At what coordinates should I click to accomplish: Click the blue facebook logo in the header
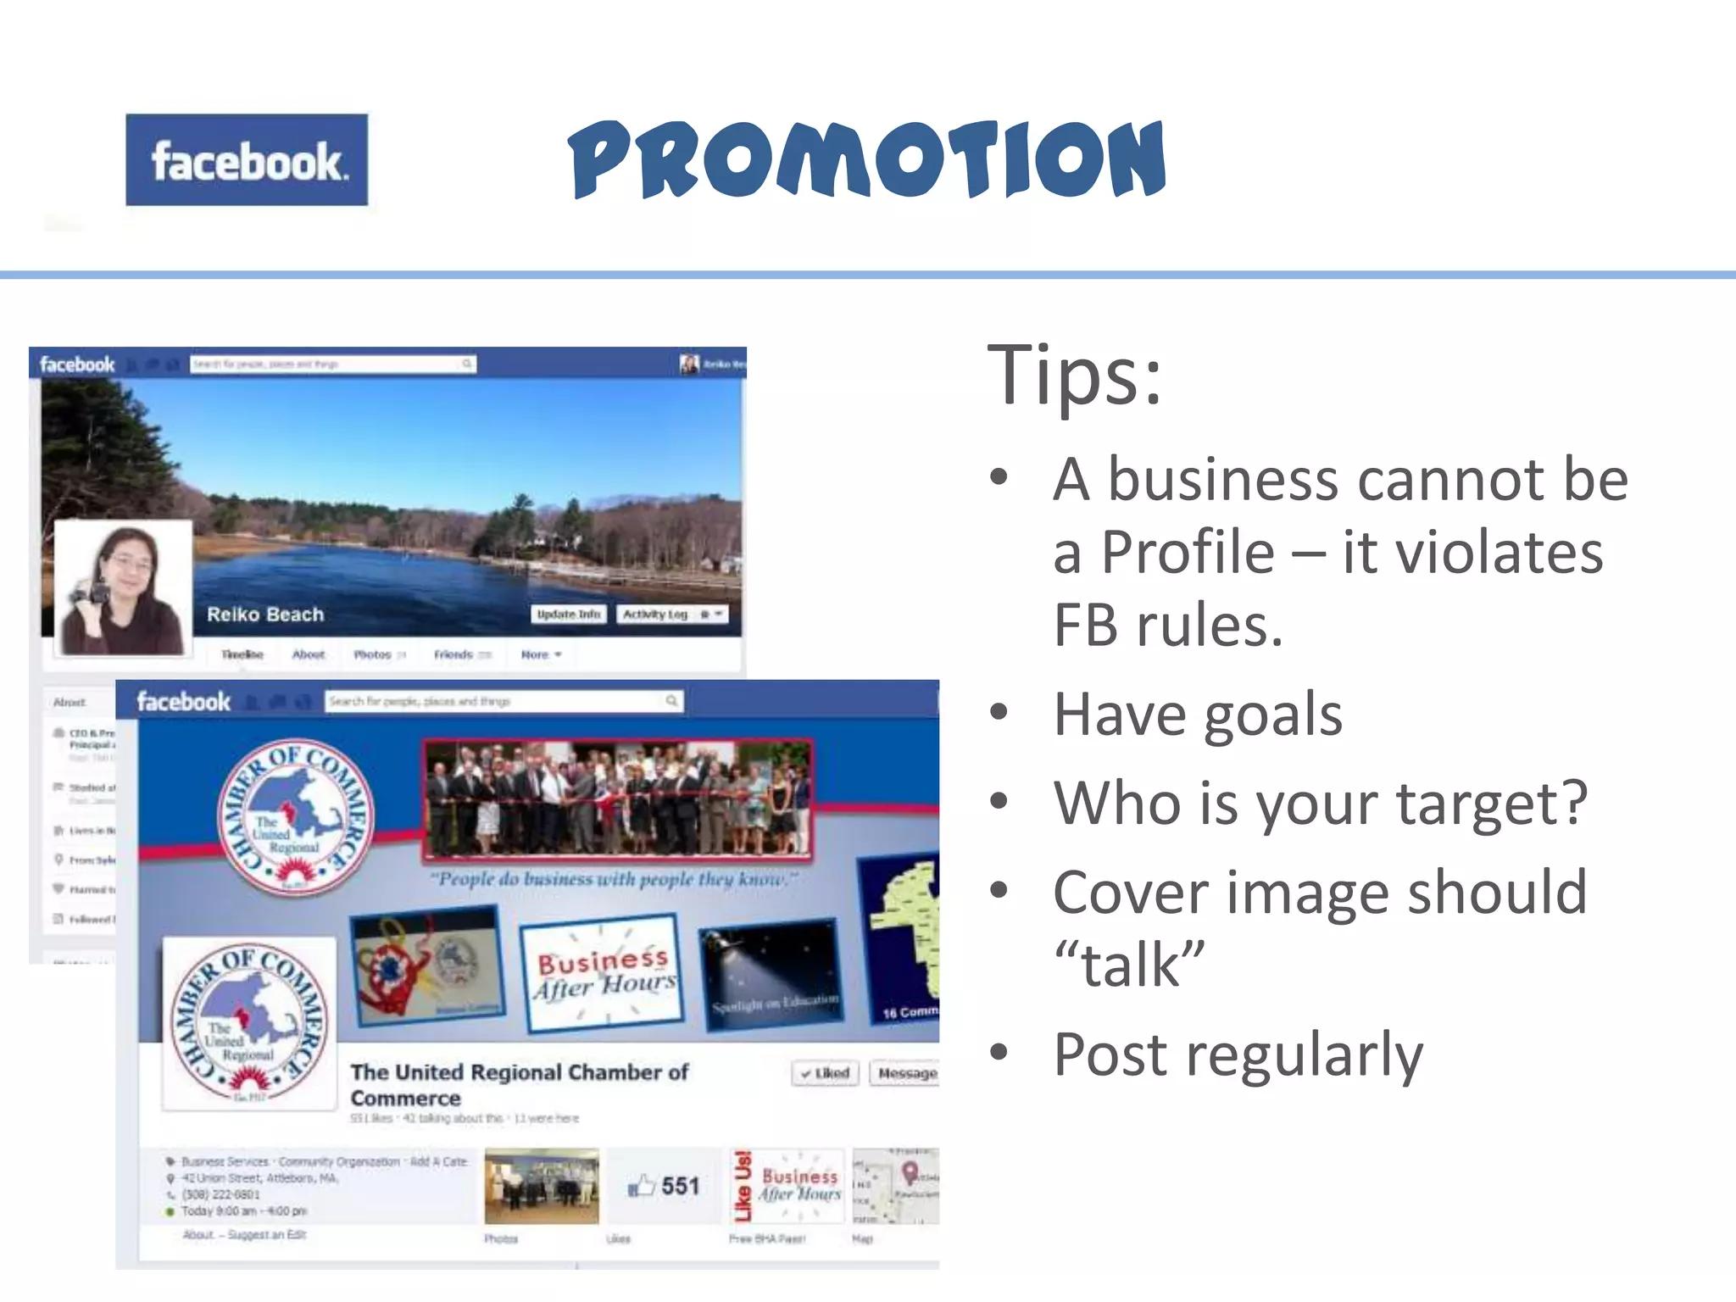coord(247,160)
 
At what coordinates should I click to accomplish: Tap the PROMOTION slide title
coord(866,159)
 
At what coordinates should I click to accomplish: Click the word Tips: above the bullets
coord(1074,375)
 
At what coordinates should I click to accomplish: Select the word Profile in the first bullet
coord(1187,553)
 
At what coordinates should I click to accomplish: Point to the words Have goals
coord(1198,715)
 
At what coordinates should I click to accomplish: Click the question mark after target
coord(1573,802)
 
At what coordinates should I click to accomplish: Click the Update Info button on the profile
coord(569,614)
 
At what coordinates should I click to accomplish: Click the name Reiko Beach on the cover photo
coord(265,615)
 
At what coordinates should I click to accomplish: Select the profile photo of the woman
coord(124,588)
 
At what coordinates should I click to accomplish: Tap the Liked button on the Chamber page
coord(826,1073)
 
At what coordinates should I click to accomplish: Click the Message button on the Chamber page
coord(906,1073)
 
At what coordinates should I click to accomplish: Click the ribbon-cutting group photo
coord(618,798)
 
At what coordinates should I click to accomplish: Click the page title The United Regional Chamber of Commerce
coord(519,1085)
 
